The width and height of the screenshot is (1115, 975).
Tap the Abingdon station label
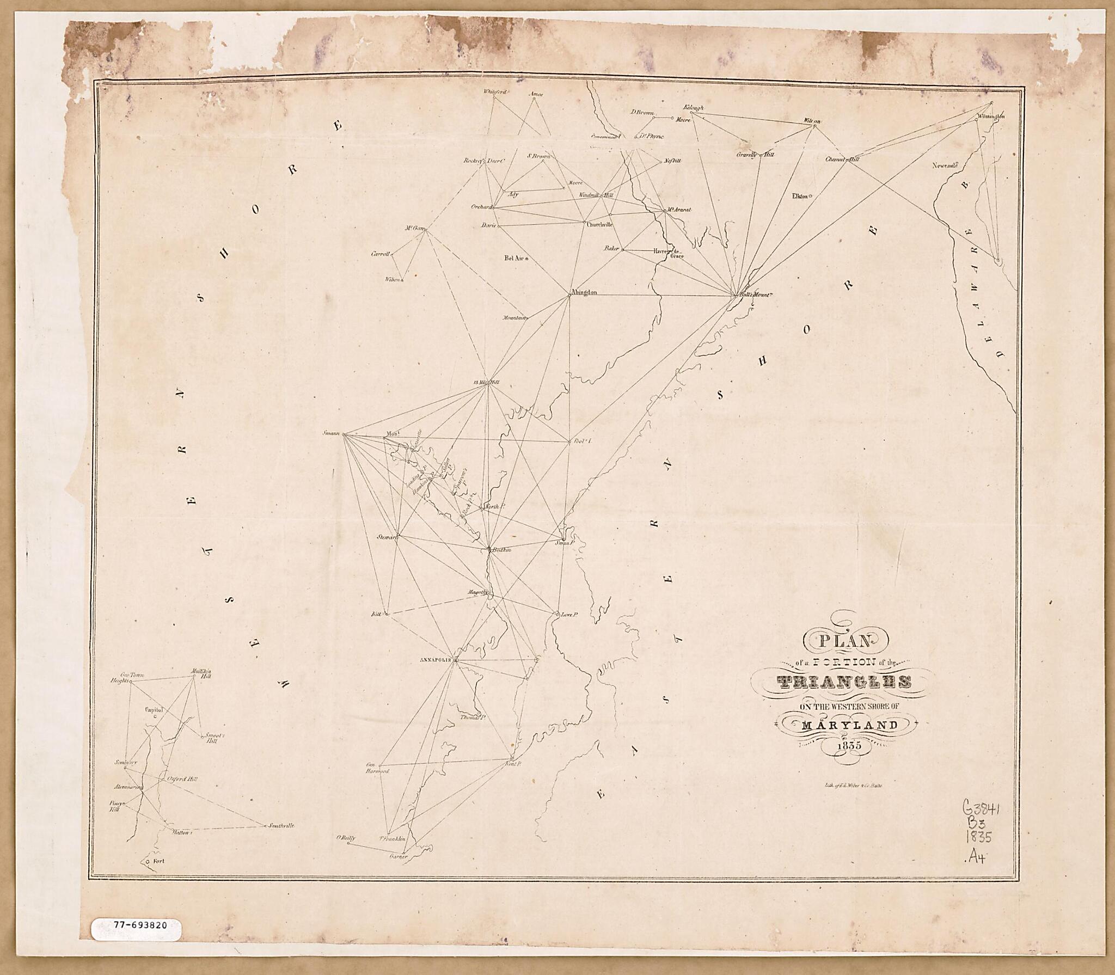585,292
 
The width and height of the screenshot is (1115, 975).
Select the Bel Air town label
513,259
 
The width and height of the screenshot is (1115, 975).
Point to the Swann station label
331,433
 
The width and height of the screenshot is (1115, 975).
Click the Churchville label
600,224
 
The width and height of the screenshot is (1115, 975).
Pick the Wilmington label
991,116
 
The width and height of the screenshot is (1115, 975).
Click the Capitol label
154,710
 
